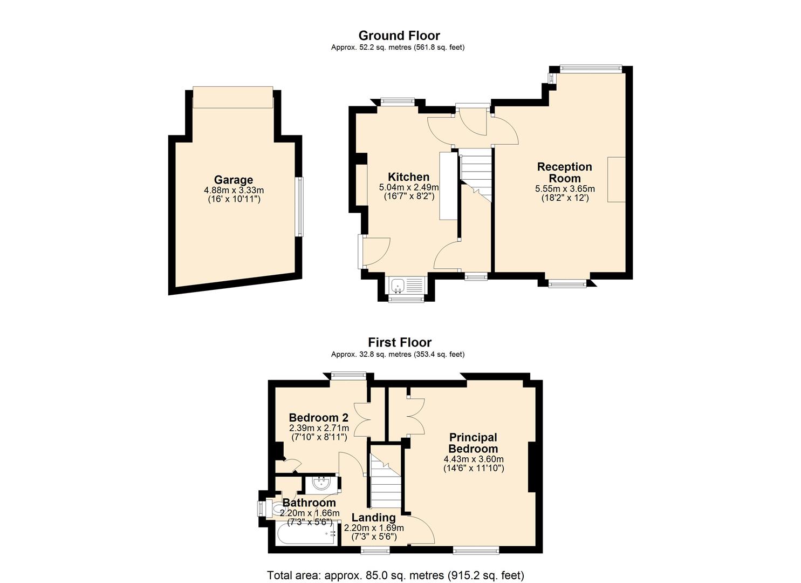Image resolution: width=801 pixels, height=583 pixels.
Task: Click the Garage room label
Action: [233, 180]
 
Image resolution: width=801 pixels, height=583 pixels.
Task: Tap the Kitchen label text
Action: [408, 177]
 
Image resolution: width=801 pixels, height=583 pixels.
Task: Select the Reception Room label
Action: [565, 173]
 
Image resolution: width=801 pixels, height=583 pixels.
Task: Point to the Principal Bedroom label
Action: [473, 443]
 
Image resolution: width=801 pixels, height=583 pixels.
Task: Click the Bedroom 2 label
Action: [319, 418]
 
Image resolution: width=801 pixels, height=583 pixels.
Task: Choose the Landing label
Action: [374, 518]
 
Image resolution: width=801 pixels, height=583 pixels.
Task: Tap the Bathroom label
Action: [309, 503]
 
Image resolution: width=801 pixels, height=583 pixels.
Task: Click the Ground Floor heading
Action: [399, 36]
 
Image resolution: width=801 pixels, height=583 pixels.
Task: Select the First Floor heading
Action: [400, 342]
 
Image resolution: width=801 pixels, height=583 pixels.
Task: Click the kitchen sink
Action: [407, 285]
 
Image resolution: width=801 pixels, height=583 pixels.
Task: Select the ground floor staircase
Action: [476, 175]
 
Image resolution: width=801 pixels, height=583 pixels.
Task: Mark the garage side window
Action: [299, 207]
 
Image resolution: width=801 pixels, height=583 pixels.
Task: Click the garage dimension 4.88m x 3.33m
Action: [234, 190]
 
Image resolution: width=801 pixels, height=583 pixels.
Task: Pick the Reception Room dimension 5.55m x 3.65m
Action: [565, 188]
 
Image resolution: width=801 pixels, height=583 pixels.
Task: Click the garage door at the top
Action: [233, 97]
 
